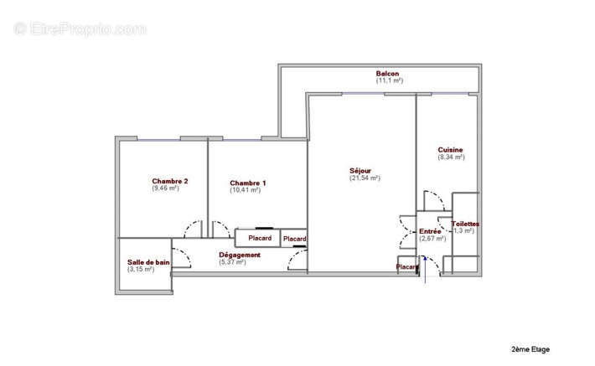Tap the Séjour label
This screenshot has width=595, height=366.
pyautogui.click(x=361, y=170)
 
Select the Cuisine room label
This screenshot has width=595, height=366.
pyautogui.click(x=450, y=150)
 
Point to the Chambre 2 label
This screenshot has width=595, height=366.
pyautogui.click(x=169, y=181)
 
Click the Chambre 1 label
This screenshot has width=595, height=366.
pyautogui.click(x=248, y=183)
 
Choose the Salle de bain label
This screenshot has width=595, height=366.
pyautogui.click(x=148, y=262)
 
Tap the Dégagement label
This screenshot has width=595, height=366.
pyautogui.click(x=240, y=255)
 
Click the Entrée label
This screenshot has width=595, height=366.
pyautogui.click(x=430, y=231)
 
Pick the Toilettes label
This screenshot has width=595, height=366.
pyautogui.click(x=465, y=224)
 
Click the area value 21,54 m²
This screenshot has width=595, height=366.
pyautogui.click(x=365, y=178)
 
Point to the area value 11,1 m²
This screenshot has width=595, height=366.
pyautogui.click(x=390, y=80)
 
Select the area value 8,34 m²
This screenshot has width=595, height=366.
pyautogui.click(x=451, y=157)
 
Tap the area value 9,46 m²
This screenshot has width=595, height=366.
pyautogui.click(x=166, y=188)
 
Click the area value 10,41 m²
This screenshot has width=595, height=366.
pyautogui.click(x=245, y=190)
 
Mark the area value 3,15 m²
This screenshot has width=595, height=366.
pyautogui.click(x=141, y=270)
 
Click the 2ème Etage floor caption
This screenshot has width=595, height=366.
pyautogui.click(x=530, y=348)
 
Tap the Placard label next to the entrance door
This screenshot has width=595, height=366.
pyautogui.click(x=407, y=267)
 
